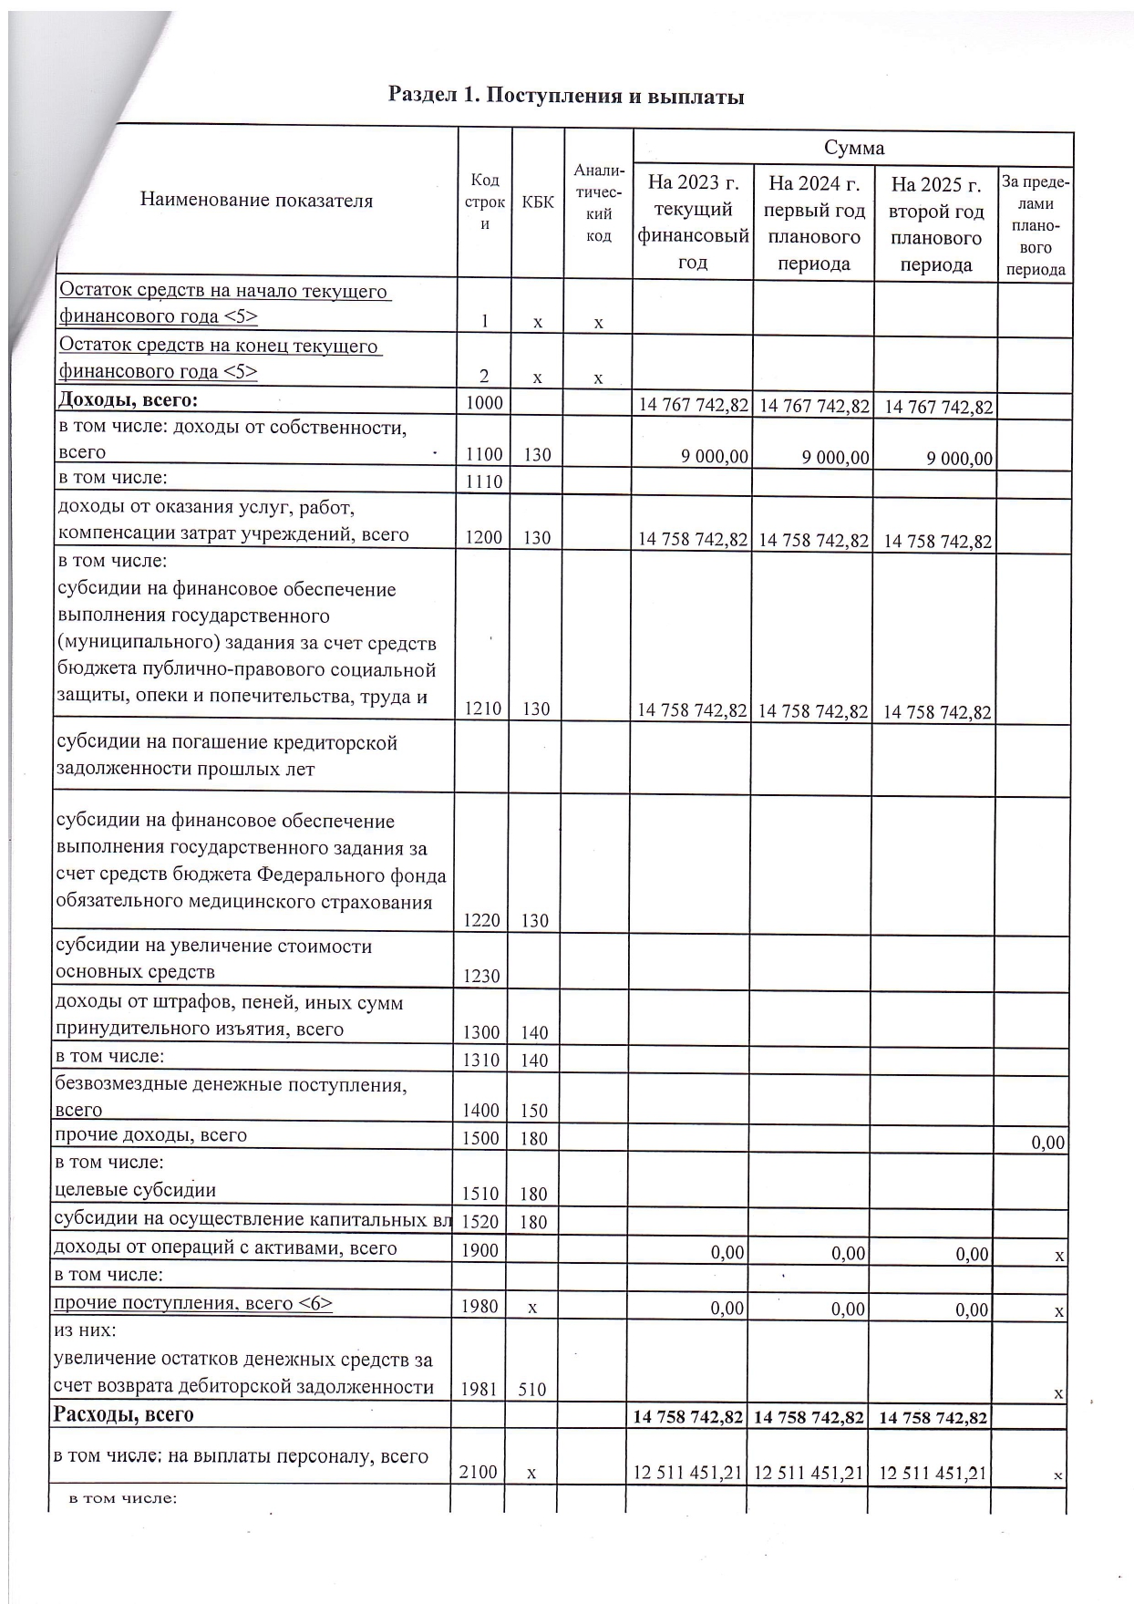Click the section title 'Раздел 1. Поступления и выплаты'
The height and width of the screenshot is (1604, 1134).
tap(566, 96)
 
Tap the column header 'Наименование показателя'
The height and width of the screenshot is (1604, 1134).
tap(256, 201)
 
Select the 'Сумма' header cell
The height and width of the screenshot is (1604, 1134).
tap(853, 148)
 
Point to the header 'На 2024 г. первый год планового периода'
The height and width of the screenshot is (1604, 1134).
tap(813, 223)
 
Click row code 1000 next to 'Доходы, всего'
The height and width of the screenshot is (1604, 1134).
tap(484, 402)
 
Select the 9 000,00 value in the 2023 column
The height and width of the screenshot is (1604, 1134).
tap(715, 457)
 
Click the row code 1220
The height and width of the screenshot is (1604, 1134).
tap(482, 921)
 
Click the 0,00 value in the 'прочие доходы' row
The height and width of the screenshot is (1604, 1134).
tap(1047, 1143)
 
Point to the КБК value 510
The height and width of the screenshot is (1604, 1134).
tap(532, 1390)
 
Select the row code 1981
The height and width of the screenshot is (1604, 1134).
tap(481, 1390)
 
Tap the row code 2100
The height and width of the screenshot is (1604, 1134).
tap(479, 1473)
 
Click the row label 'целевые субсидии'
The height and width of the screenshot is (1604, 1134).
tap(136, 1190)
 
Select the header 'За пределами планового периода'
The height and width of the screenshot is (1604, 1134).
tap(1035, 225)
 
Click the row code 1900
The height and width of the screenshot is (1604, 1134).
tap(480, 1250)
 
